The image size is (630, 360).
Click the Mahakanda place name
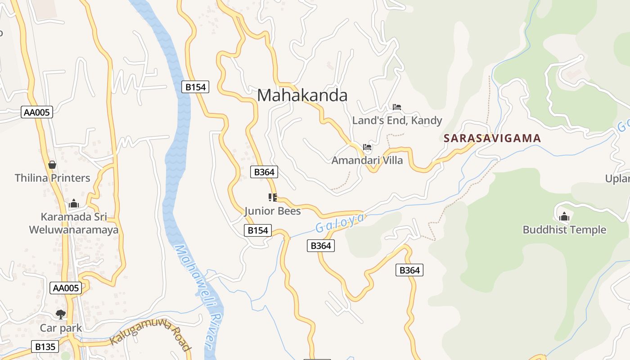point(302,95)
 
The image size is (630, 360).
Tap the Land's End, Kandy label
point(397,121)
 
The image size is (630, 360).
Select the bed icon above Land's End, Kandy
point(396,107)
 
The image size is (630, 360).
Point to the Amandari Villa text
point(367,160)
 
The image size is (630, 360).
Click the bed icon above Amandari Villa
point(367,147)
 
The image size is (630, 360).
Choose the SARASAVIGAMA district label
point(492,138)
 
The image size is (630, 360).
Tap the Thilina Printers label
point(53,178)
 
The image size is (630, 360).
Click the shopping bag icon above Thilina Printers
point(52,165)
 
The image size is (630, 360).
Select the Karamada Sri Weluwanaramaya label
point(74,223)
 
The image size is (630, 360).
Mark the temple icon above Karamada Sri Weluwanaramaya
point(74,204)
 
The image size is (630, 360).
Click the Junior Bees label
point(273,211)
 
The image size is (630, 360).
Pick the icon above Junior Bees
point(272,197)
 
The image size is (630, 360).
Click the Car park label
point(61,328)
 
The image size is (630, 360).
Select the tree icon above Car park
point(60,314)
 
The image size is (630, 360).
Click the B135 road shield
point(45,346)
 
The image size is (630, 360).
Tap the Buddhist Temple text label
point(564,230)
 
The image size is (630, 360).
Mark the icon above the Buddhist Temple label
point(564,217)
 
